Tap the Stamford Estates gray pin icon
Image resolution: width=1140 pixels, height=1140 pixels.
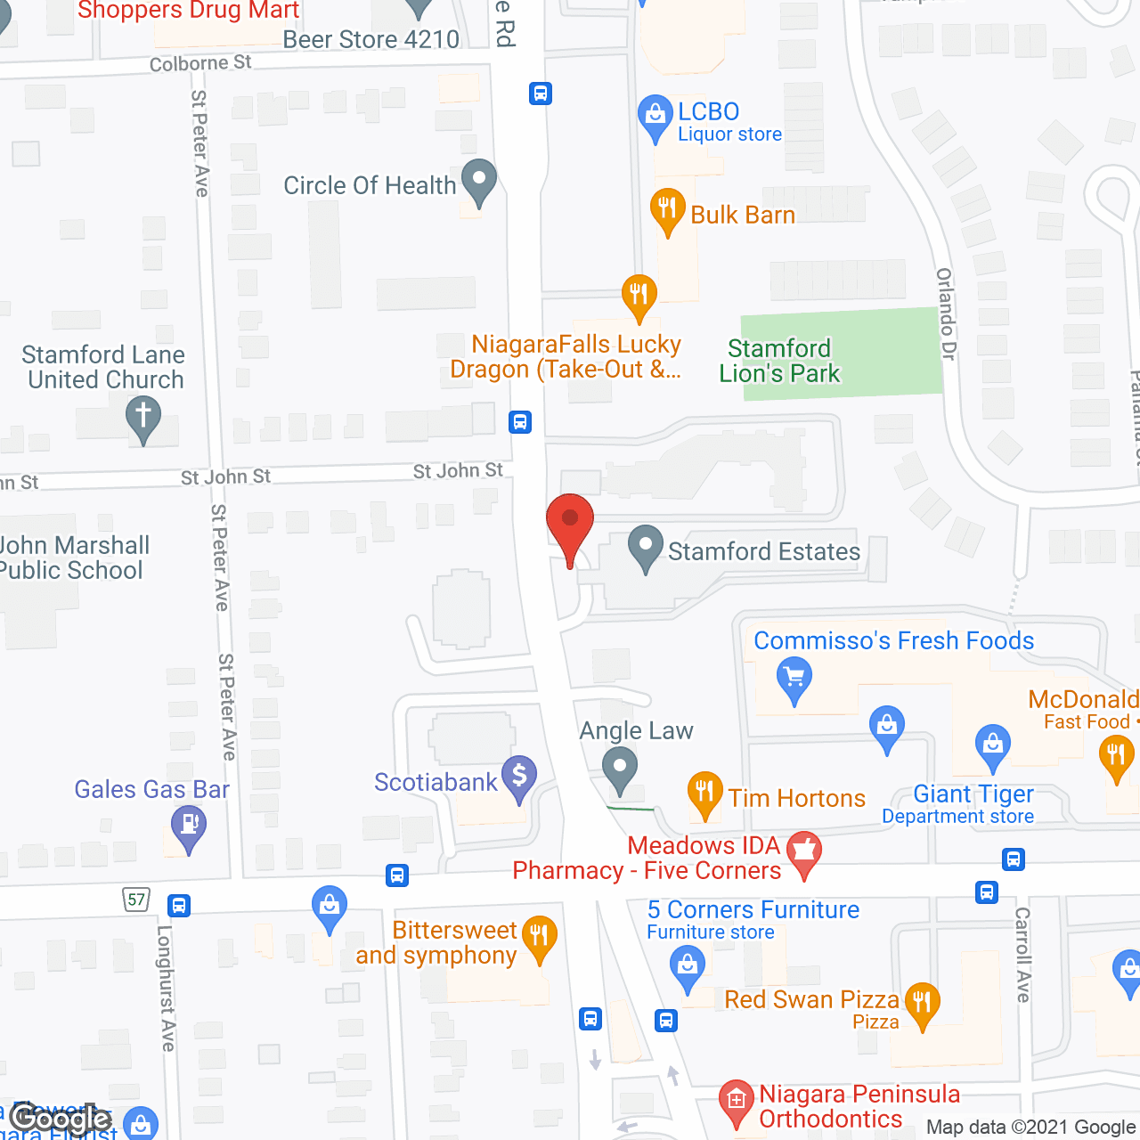(646, 548)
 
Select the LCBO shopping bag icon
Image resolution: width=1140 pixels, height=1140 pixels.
(655, 116)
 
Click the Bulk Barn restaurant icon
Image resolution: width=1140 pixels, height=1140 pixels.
(667, 210)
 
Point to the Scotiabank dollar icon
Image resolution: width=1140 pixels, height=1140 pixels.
(519, 777)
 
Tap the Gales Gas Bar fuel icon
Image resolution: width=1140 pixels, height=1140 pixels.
(189, 826)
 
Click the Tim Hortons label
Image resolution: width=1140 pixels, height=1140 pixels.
(796, 798)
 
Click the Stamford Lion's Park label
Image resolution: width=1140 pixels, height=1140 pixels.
(779, 361)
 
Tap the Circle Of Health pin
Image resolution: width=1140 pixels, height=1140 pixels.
(479, 181)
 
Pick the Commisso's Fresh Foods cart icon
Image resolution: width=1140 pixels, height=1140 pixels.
(794, 679)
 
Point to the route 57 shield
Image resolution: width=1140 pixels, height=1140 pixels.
(136, 900)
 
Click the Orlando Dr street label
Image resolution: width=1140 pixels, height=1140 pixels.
(946, 314)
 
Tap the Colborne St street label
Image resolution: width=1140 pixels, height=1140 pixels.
(200, 63)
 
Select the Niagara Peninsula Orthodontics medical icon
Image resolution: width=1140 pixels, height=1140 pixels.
(736, 1101)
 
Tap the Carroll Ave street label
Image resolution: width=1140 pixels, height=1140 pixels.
(1023, 955)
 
